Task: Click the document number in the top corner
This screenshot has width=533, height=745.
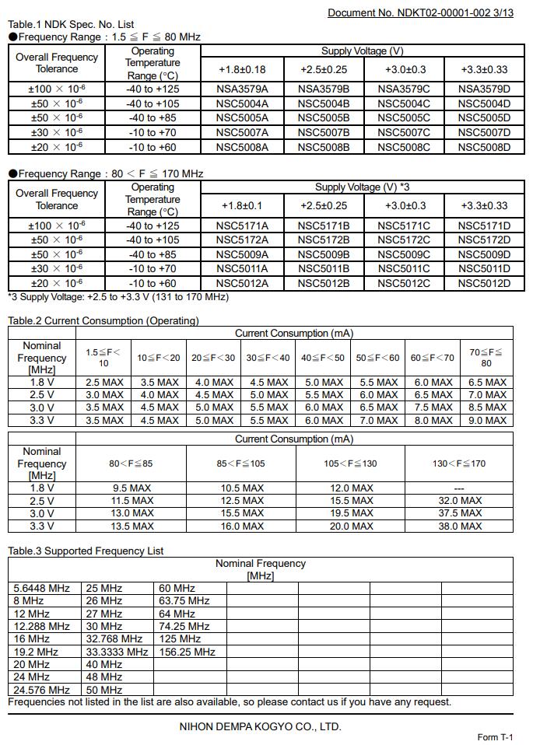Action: pyautogui.click(x=420, y=12)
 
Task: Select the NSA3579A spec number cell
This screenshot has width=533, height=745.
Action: pyautogui.click(x=242, y=89)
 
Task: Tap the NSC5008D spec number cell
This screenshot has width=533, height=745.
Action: pyautogui.click(x=484, y=147)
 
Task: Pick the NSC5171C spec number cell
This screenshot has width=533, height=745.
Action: pyautogui.click(x=404, y=226)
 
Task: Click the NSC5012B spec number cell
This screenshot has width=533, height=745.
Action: pyautogui.click(x=324, y=283)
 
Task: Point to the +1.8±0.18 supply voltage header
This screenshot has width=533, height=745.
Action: pyautogui.click(x=243, y=69)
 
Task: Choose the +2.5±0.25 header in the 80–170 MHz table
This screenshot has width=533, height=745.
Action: pyautogui.click(x=324, y=205)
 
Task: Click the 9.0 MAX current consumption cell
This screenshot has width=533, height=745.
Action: pyautogui.click(x=487, y=420)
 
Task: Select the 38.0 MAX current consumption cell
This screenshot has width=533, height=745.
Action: pyautogui.click(x=460, y=526)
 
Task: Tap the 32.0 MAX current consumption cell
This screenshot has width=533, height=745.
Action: pyautogui.click(x=460, y=501)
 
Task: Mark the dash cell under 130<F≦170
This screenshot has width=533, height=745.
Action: pyautogui.click(x=460, y=488)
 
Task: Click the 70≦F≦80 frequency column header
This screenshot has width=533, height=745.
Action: pyautogui.click(x=486, y=357)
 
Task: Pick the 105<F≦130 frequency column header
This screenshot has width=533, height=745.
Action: pyautogui.click(x=351, y=463)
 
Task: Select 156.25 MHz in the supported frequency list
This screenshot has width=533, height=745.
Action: pyautogui.click(x=187, y=652)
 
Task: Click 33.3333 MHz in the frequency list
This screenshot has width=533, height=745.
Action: pyautogui.click(x=117, y=652)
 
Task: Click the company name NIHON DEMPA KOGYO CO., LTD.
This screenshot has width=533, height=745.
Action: pyautogui.click(x=261, y=727)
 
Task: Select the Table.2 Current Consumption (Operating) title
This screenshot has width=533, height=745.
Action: pyautogui.click(x=103, y=320)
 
